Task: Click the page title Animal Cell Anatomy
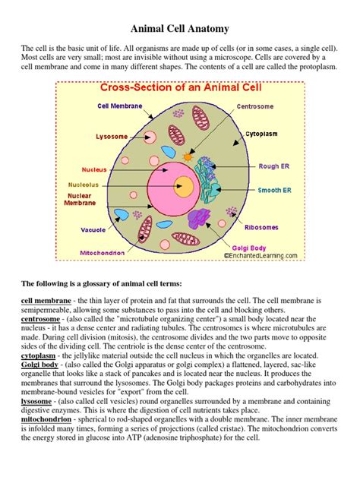click(x=179, y=29)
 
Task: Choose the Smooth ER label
click(x=273, y=191)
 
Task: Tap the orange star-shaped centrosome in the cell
click(x=188, y=156)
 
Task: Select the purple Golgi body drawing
click(x=199, y=219)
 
